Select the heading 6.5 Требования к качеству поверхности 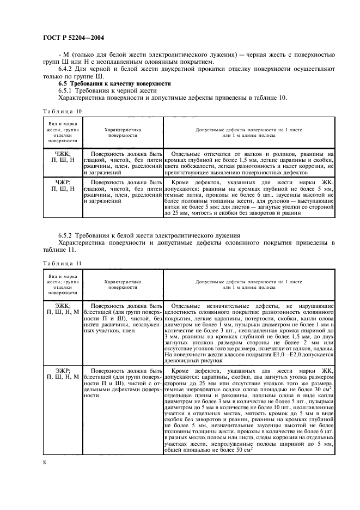click(114, 83)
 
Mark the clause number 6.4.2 click(68, 69)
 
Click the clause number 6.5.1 click(68, 90)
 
